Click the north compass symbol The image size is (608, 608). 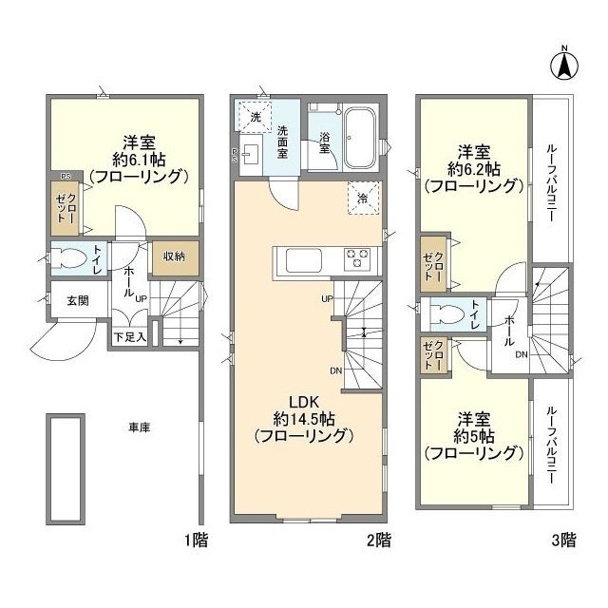pos(564,64)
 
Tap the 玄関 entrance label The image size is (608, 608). pos(78,300)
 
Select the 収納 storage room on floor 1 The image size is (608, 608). pos(174,256)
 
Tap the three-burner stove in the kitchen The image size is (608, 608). pos(357,258)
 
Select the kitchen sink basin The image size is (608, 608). pos(304,260)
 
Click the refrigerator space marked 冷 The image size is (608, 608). pos(363,199)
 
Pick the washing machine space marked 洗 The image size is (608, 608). pos(255,117)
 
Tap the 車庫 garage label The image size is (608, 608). pos(140,427)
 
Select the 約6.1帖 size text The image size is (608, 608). pos(140,160)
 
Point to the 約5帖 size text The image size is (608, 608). pos(474,436)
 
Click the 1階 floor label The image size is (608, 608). pos(197,540)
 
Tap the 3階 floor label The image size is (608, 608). pos(564,540)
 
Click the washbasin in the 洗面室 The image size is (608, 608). pos(250,155)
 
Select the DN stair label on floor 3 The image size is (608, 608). pos(522,354)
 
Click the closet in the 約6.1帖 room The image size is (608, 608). pos(66,208)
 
